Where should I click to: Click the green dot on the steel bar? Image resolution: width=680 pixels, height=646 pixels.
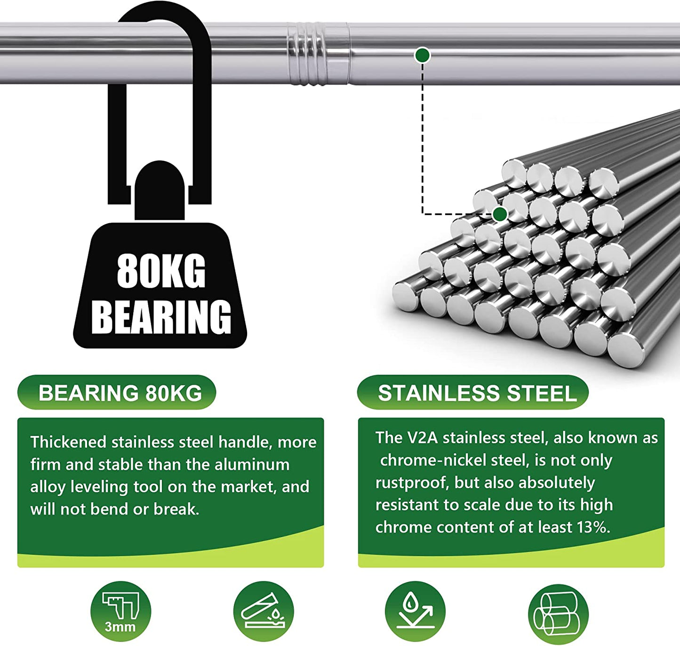pyautogui.click(x=423, y=56)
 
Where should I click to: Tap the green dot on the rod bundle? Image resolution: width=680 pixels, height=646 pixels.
pyautogui.click(x=500, y=214)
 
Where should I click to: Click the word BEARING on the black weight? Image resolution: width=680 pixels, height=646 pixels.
pyautogui.click(x=161, y=317)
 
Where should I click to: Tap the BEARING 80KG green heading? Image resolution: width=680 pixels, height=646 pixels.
pyautogui.click(x=120, y=393)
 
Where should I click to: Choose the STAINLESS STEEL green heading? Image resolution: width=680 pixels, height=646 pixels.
pyautogui.click(x=477, y=393)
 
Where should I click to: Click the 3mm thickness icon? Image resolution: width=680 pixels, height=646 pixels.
pyautogui.click(x=120, y=611)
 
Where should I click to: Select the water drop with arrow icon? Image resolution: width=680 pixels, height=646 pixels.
pyautogui.click(x=415, y=611)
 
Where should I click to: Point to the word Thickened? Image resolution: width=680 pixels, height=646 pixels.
pyautogui.click(x=68, y=442)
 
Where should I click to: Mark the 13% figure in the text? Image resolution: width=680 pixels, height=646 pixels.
pyautogui.click(x=593, y=527)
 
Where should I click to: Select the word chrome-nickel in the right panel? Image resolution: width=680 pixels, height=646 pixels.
pyautogui.click(x=427, y=460)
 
